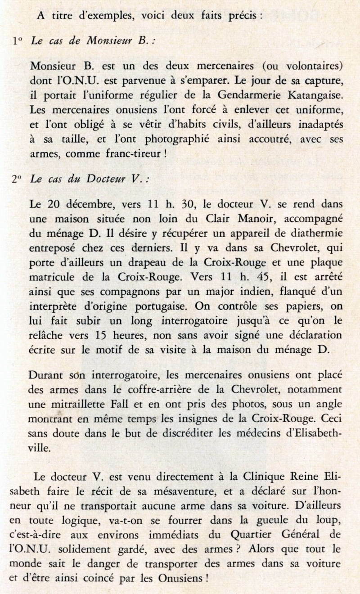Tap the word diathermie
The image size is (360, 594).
tap(316, 233)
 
